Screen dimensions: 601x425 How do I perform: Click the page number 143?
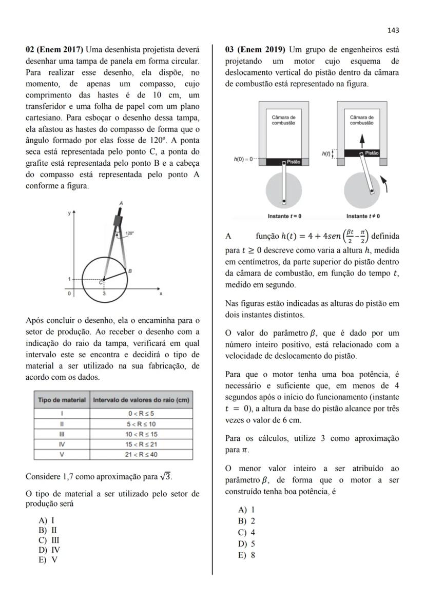click(393, 30)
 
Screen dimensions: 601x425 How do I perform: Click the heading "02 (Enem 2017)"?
click(55, 50)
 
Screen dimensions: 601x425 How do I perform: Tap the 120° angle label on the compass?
click(130, 233)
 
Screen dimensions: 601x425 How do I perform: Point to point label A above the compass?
click(121, 203)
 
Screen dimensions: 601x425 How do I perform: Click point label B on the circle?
click(130, 270)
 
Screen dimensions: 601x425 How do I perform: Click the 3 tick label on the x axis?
click(104, 294)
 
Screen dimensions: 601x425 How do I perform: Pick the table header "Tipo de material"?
click(62, 400)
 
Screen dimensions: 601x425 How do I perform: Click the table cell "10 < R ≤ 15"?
click(141, 434)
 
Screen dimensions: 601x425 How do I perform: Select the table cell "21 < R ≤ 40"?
click(141, 455)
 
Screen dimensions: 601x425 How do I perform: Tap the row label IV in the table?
click(62, 444)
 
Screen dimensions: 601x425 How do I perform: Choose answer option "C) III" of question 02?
click(49, 540)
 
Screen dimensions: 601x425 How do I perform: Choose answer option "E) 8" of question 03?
click(247, 555)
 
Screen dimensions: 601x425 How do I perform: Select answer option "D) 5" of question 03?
click(247, 544)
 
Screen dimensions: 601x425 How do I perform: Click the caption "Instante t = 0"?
click(284, 216)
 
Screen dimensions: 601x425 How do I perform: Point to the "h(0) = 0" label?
click(243, 160)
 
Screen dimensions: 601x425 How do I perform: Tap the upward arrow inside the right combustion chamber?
click(361, 139)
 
